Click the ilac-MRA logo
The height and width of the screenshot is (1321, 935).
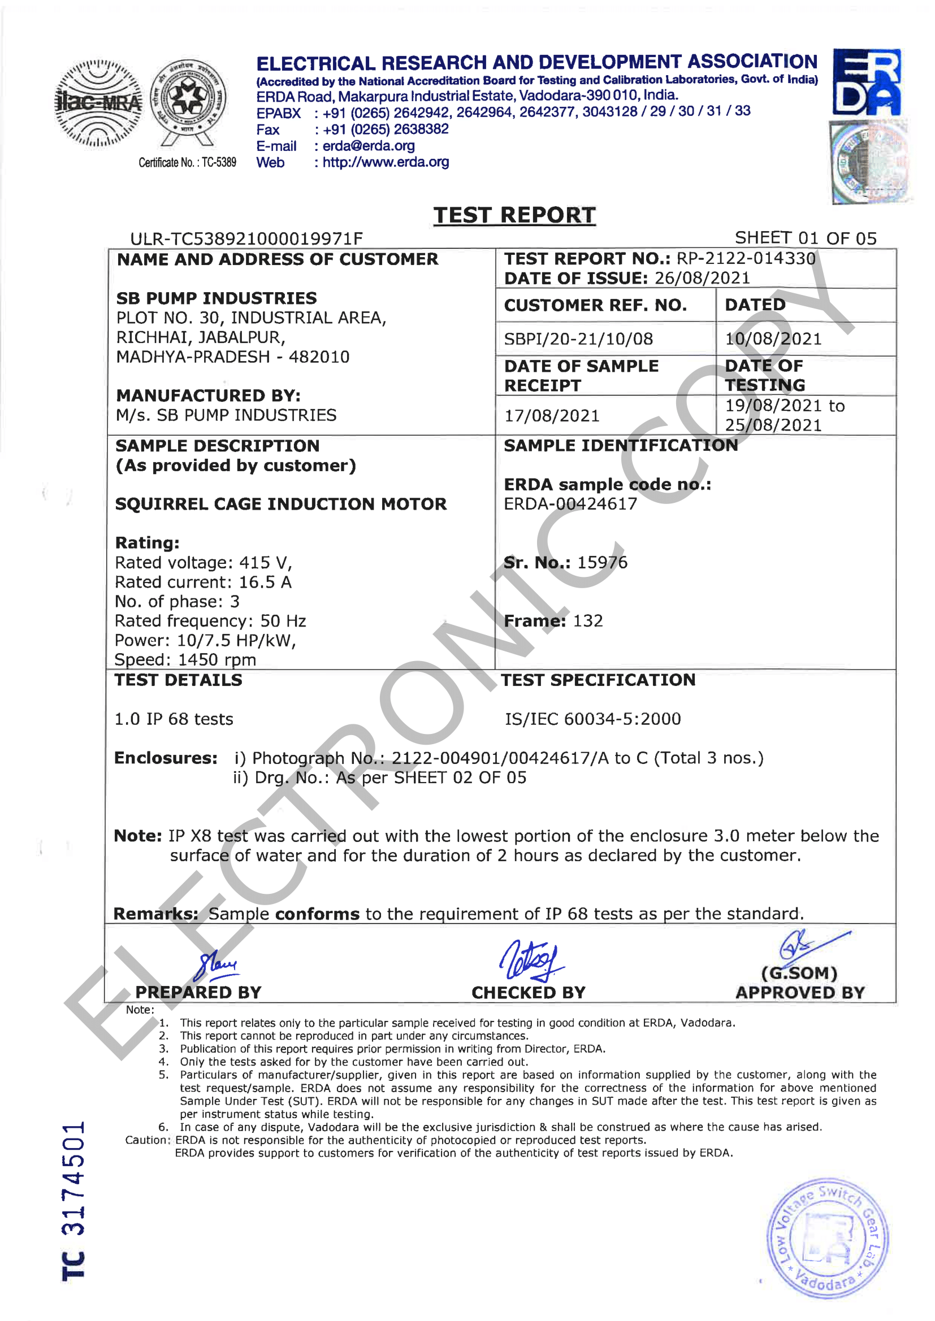(x=98, y=103)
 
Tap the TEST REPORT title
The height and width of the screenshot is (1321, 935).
(x=514, y=215)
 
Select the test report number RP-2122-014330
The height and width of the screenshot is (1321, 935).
(x=746, y=258)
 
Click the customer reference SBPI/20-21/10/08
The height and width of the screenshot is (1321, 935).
(x=578, y=339)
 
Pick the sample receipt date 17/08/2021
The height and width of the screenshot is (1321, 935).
(x=552, y=415)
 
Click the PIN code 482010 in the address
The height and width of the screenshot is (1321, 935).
(x=319, y=357)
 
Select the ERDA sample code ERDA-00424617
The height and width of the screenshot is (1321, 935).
(x=570, y=504)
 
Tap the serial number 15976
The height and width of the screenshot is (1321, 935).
(x=601, y=562)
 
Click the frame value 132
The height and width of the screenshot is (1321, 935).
(x=588, y=621)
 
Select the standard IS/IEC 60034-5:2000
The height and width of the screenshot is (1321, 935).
(x=592, y=719)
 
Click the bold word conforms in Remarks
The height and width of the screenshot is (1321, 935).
(x=317, y=914)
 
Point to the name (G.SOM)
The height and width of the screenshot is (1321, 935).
(x=799, y=974)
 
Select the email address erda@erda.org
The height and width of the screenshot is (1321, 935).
(x=369, y=146)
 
